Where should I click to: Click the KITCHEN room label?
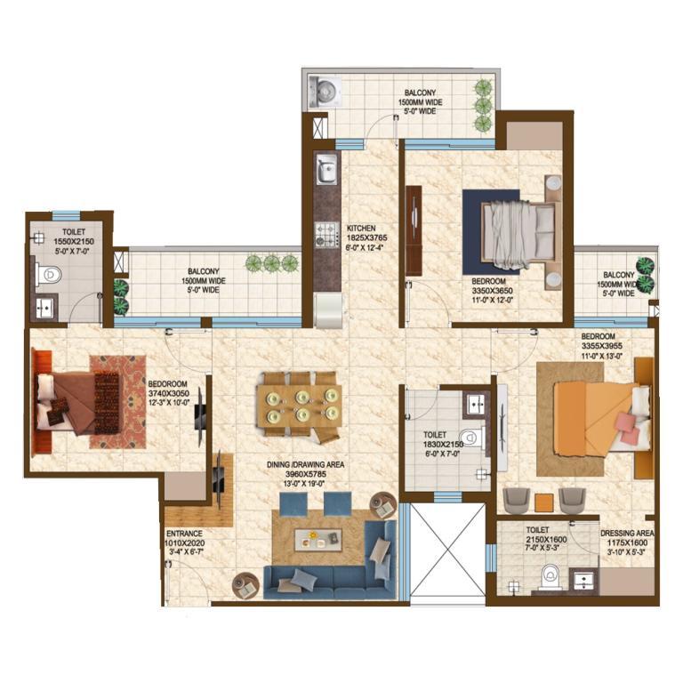point(361,228)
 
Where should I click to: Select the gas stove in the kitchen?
point(326,235)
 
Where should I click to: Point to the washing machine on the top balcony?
point(325,92)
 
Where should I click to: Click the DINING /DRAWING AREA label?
point(305,465)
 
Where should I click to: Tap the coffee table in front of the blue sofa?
point(318,540)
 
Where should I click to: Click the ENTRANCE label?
point(184,534)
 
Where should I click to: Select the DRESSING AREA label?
point(627,534)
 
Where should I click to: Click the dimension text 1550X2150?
point(74,241)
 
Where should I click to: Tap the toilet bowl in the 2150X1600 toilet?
point(550,576)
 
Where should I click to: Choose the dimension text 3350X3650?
point(492,291)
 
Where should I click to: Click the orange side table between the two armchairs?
point(543,502)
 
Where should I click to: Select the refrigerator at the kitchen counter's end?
point(330,310)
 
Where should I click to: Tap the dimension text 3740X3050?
point(169,393)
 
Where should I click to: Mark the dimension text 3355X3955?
point(601,346)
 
